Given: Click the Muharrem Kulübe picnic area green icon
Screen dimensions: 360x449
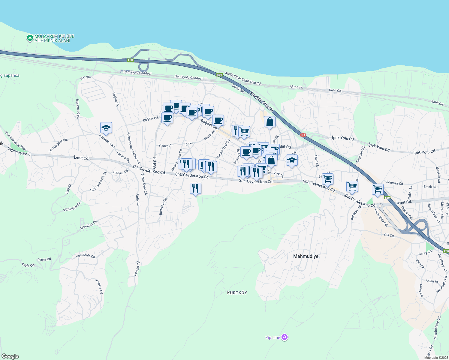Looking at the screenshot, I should tap(30, 38).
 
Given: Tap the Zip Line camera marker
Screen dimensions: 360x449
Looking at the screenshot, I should tap(285, 337).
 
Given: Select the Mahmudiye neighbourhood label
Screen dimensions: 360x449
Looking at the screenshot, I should tap(306, 256).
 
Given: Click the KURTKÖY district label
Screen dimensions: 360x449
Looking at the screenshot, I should tap(237, 292).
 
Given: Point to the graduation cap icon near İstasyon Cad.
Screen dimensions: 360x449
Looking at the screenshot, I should tap(106, 128).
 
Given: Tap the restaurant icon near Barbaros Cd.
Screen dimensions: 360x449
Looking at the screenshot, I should tap(195, 188).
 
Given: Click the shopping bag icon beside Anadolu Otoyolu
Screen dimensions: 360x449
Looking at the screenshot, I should tap(270, 122).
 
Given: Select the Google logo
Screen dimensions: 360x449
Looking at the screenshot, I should tap(10, 356).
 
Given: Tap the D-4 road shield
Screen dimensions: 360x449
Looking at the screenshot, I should tap(303, 135).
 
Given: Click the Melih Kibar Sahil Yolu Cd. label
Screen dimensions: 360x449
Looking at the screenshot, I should tap(243, 79).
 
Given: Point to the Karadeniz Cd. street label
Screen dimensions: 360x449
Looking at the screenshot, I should tap(86, 256).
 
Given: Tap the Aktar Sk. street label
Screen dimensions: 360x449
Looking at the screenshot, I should tap(296, 87).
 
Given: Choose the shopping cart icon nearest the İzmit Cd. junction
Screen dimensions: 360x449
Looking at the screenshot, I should tap(378, 189).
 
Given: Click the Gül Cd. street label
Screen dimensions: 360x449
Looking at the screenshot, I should tap(389, 235).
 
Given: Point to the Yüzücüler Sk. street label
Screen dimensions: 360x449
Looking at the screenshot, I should tap(72, 207).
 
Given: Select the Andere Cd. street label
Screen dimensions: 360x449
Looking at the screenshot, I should tap(99, 287).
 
